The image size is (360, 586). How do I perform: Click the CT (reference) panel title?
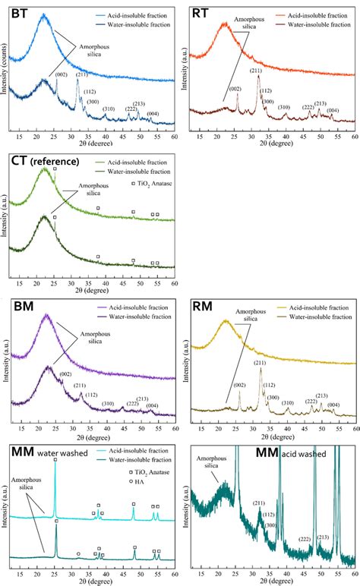click(x=47, y=160)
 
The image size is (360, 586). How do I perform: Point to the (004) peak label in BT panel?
click(x=153, y=115)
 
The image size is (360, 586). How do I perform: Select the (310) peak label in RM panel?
click(x=288, y=402)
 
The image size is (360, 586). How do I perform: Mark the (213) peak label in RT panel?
click(x=320, y=103)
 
